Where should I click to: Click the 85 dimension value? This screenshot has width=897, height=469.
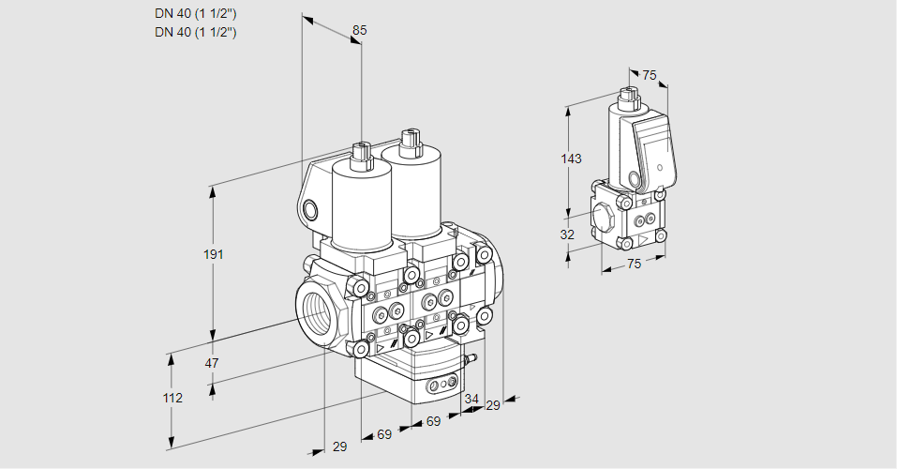[359, 30]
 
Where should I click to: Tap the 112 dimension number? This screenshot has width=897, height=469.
[172, 398]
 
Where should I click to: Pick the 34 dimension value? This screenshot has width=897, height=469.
[471, 400]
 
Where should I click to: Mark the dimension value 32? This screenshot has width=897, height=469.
[567, 234]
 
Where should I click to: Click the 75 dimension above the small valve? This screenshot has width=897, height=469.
[648, 76]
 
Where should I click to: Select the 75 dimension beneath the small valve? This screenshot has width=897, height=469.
[634, 265]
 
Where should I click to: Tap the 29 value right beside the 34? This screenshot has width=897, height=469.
[492, 405]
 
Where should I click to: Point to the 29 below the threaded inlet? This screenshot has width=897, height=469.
[339, 446]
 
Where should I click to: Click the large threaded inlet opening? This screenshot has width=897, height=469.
[315, 310]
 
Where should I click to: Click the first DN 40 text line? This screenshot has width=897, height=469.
[195, 12]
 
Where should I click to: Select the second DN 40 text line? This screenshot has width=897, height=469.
[195, 32]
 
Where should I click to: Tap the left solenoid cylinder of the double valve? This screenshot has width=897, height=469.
[358, 206]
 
